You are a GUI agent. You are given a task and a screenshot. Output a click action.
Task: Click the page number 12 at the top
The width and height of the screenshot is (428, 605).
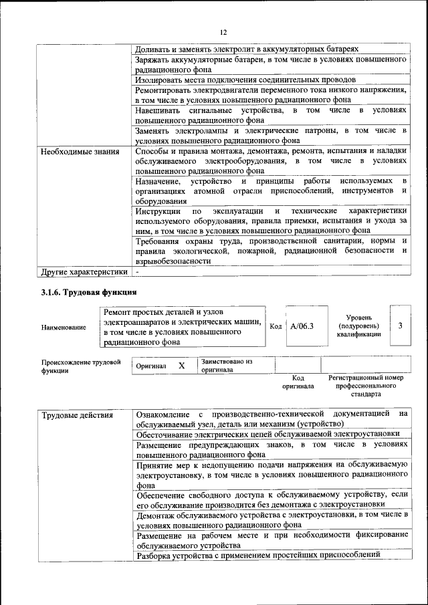click(x=223, y=32)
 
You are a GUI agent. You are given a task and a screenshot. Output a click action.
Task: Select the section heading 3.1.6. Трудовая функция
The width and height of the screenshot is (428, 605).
click(x=89, y=293)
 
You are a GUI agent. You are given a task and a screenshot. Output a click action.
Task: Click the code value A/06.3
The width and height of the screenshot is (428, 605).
click(x=303, y=326)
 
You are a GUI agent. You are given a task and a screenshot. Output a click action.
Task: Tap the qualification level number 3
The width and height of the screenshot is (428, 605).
click(x=400, y=326)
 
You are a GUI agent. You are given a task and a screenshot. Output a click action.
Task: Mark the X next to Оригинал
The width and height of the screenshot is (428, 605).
click(x=181, y=366)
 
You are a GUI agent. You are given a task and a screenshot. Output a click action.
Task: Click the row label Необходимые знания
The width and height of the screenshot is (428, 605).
click(x=74, y=151)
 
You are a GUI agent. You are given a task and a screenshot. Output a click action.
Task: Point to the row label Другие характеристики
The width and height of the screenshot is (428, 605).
click(x=84, y=272)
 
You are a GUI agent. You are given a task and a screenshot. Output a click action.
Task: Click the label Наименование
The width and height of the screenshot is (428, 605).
click(x=64, y=328)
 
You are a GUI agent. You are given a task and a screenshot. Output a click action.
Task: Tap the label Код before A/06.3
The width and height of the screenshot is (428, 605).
click(x=276, y=326)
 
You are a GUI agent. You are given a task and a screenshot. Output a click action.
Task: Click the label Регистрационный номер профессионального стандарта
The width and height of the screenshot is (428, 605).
click(x=366, y=386)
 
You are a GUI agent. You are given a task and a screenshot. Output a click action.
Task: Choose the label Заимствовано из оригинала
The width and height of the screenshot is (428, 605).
click(x=227, y=365)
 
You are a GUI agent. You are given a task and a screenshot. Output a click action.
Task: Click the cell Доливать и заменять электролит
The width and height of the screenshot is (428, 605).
click(x=247, y=49)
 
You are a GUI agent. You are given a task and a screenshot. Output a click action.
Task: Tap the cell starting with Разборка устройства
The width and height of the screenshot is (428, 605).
click(x=258, y=554)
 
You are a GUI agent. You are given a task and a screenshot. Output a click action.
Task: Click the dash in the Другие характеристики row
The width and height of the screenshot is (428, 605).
click(x=137, y=272)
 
